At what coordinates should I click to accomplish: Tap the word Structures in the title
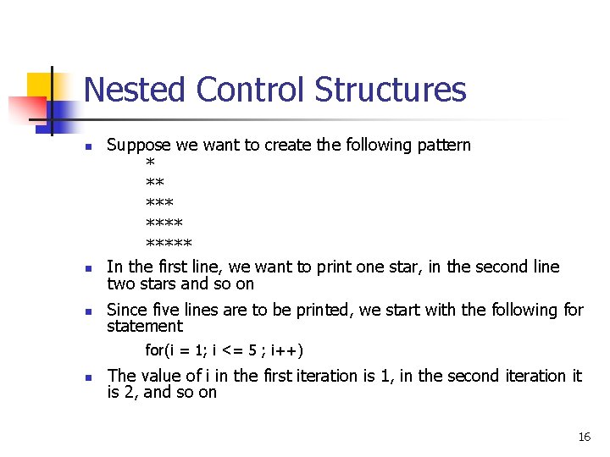pyautogui.click(x=391, y=90)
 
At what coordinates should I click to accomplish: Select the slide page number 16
pyautogui.click(x=584, y=437)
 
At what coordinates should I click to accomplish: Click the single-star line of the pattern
pyautogui.click(x=150, y=163)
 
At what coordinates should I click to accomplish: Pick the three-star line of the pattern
pyautogui.click(x=159, y=204)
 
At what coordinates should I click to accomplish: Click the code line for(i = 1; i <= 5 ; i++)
pyautogui.click(x=225, y=350)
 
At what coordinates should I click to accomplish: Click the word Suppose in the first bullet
pyautogui.click(x=138, y=146)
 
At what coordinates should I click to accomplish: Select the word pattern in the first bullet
pyautogui.click(x=443, y=146)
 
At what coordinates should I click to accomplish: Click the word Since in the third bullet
pyautogui.click(x=127, y=310)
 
